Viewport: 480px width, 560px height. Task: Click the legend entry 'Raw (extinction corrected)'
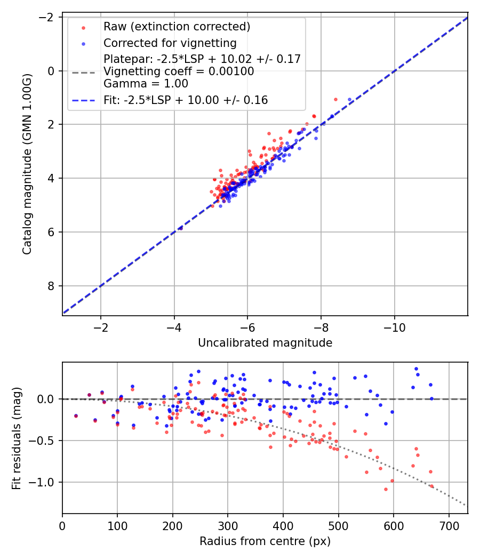coord(177,27)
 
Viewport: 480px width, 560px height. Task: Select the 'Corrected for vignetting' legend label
coord(170,43)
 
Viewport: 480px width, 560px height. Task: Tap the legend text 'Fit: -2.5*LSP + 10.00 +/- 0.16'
coord(186,100)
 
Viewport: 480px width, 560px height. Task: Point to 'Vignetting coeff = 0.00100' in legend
coord(179,71)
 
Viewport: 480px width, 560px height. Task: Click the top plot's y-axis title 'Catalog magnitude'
coord(27,164)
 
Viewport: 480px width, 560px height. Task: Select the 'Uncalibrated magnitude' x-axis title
coord(265,343)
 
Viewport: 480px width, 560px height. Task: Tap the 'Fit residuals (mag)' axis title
coord(17,438)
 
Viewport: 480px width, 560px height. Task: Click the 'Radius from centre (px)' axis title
coord(265,541)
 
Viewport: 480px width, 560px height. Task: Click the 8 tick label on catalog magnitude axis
coord(52,286)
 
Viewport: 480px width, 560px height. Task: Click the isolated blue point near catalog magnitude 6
coord(180,228)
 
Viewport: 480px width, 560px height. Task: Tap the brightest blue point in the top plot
coord(350,100)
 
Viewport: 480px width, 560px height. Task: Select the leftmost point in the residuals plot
coord(76,415)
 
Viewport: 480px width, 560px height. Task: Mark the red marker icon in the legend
coord(83,27)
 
